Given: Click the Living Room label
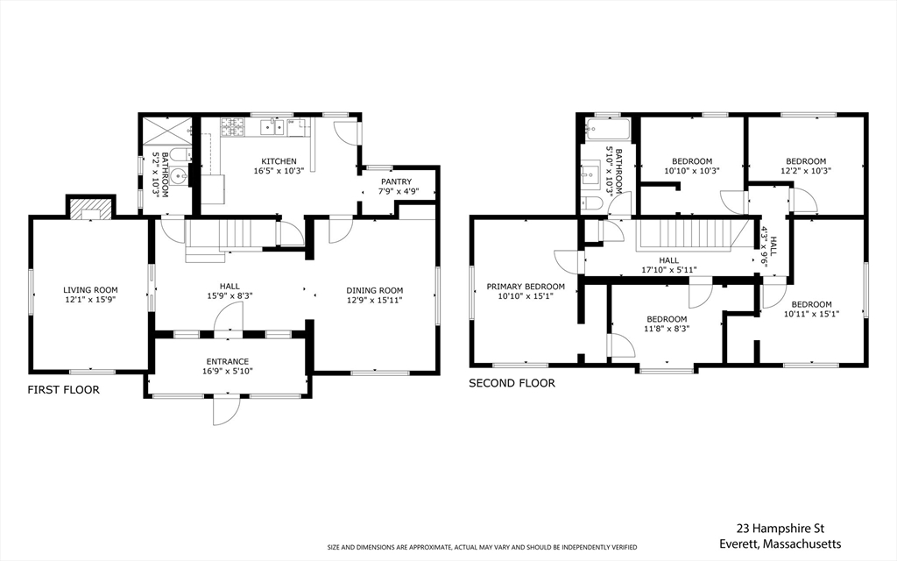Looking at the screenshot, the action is [x=90, y=290].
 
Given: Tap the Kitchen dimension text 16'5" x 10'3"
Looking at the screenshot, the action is [x=279, y=171].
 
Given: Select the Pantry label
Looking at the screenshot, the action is [x=397, y=181].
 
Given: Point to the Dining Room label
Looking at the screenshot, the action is [x=375, y=290].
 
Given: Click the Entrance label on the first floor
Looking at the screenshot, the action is [x=228, y=362].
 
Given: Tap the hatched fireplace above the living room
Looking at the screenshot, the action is [x=89, y=209].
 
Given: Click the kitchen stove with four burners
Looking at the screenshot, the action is [x=233, y=127].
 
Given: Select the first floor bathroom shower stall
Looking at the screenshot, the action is [x=166, y=131].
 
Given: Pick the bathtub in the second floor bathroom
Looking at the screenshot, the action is [x=608, y=130].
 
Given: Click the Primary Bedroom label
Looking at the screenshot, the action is [x=526, y=287].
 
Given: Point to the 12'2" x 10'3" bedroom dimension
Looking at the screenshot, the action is [x=806, y=171].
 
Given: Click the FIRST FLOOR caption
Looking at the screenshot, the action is [x=63, y=390].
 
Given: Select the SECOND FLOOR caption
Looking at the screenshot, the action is [x=512, y=383].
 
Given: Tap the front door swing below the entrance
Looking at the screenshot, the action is [x=227, y=410].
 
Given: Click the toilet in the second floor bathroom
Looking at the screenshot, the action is [x=591, y=203].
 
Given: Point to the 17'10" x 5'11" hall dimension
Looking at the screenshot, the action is [x=668, y=270].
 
